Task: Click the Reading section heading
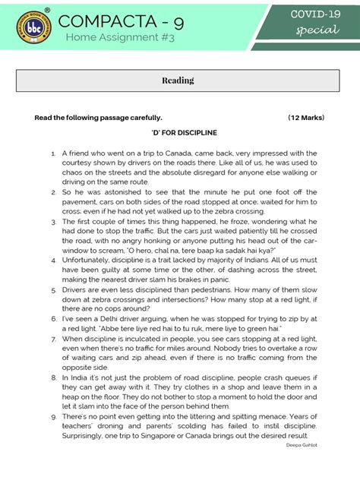pos(178,80)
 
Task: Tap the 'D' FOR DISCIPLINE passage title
pos(179,132)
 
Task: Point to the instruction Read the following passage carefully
pos(99,118)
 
